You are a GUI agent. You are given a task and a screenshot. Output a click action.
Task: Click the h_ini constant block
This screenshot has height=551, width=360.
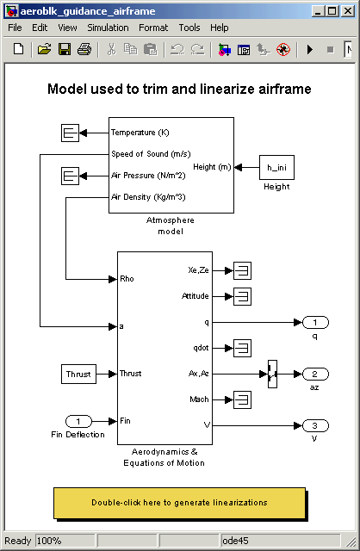[x=276, y=168]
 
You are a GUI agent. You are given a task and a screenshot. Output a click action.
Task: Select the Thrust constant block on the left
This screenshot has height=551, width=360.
[x=78, y=374]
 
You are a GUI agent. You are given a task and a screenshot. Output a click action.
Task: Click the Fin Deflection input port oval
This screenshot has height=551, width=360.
[x=78, y=421]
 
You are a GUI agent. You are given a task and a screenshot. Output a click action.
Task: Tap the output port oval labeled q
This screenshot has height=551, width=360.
[x=315, y=322]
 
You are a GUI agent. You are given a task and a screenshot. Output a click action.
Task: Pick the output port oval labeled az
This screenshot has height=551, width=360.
[x=315, y=374]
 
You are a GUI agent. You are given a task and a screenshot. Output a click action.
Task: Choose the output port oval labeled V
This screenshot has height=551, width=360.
[x=315, y=425]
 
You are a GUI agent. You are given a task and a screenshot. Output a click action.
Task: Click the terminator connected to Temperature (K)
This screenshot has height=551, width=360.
[x=70, y=133]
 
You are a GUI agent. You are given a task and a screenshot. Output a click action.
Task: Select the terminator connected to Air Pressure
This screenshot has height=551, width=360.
[x=70, y=176]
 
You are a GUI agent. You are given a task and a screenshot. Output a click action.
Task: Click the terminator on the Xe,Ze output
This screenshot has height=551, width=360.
[x=243, y=270]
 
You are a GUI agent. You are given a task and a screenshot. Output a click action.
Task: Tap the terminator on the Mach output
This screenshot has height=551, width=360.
[x=243, y=399]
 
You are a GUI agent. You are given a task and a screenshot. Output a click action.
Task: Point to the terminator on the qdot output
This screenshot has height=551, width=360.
[x=243, y=348]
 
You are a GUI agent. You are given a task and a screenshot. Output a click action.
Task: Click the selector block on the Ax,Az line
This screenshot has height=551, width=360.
[x=272, y=374]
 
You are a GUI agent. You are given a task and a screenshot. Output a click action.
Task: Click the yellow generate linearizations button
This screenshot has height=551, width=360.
[x=179, y=503]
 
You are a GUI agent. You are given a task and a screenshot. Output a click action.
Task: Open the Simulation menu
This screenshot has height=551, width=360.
[x=108, y=28]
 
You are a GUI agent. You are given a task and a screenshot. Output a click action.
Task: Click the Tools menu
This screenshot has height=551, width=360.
[x=189, y=28]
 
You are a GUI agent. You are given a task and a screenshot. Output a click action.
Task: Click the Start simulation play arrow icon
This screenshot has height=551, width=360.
[x=310, y=50]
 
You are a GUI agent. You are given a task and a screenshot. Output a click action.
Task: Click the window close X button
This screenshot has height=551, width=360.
[x=348, y=11]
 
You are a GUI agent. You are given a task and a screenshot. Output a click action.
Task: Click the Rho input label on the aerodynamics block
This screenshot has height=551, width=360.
[x=127, y=279]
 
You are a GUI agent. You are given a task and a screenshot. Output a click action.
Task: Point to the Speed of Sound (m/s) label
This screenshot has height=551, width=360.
[x=151, y=154]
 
